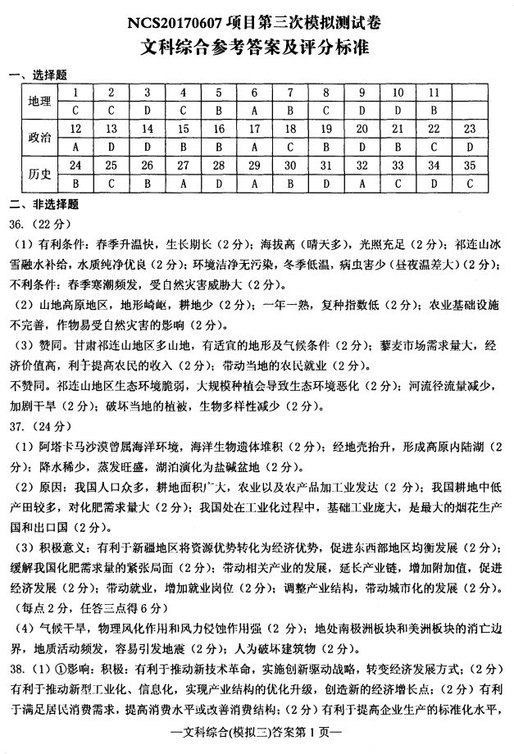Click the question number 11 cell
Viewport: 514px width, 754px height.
[x=434, y=92]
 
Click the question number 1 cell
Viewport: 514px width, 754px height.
[x=75, y=92]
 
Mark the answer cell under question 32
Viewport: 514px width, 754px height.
[x=362, y=184]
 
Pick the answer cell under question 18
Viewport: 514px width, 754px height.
[x=290, y=147]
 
